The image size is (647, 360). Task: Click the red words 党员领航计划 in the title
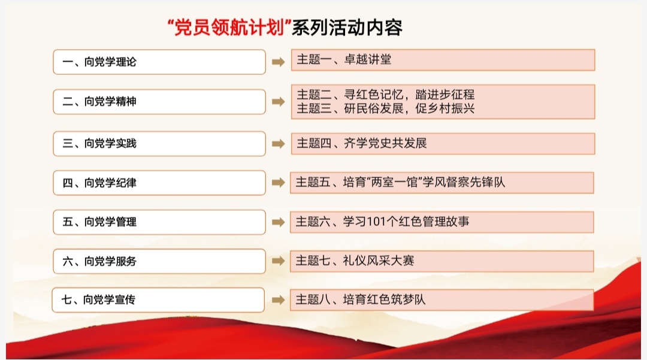click(x=229, y=28)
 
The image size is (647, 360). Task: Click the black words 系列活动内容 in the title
click(x=347, y=28)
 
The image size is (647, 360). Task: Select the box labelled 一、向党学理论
click(x=159, y=62)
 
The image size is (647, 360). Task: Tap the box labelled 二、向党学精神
click(x=159, y=101)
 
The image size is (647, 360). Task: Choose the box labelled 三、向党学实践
click(x=159, y=144)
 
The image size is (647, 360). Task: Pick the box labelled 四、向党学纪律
click(x=159, y=183)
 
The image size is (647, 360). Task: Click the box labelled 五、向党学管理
click(x=159, y=222)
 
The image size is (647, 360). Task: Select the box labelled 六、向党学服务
click(x=159, y=261)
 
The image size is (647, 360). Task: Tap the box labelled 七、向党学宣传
click(x=158, y=300)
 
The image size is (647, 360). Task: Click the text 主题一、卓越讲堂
click(x=344, y=59)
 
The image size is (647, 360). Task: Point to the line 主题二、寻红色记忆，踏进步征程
click(x=385, y=95)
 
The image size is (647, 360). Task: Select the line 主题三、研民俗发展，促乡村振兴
click(x=385, y=108)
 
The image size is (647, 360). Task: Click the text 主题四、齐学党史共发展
click(x=361, y=143)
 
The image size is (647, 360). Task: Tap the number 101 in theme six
click(x=376, y=222)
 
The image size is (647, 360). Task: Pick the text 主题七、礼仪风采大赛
click(x=355, y=261)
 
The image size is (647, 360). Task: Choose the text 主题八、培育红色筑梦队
click(x=360, y=300)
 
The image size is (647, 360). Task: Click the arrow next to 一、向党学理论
click(x=278, y=62)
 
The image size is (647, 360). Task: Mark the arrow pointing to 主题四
click(x=278, y=144)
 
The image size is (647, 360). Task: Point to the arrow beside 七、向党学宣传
click(x=278, y=300)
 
